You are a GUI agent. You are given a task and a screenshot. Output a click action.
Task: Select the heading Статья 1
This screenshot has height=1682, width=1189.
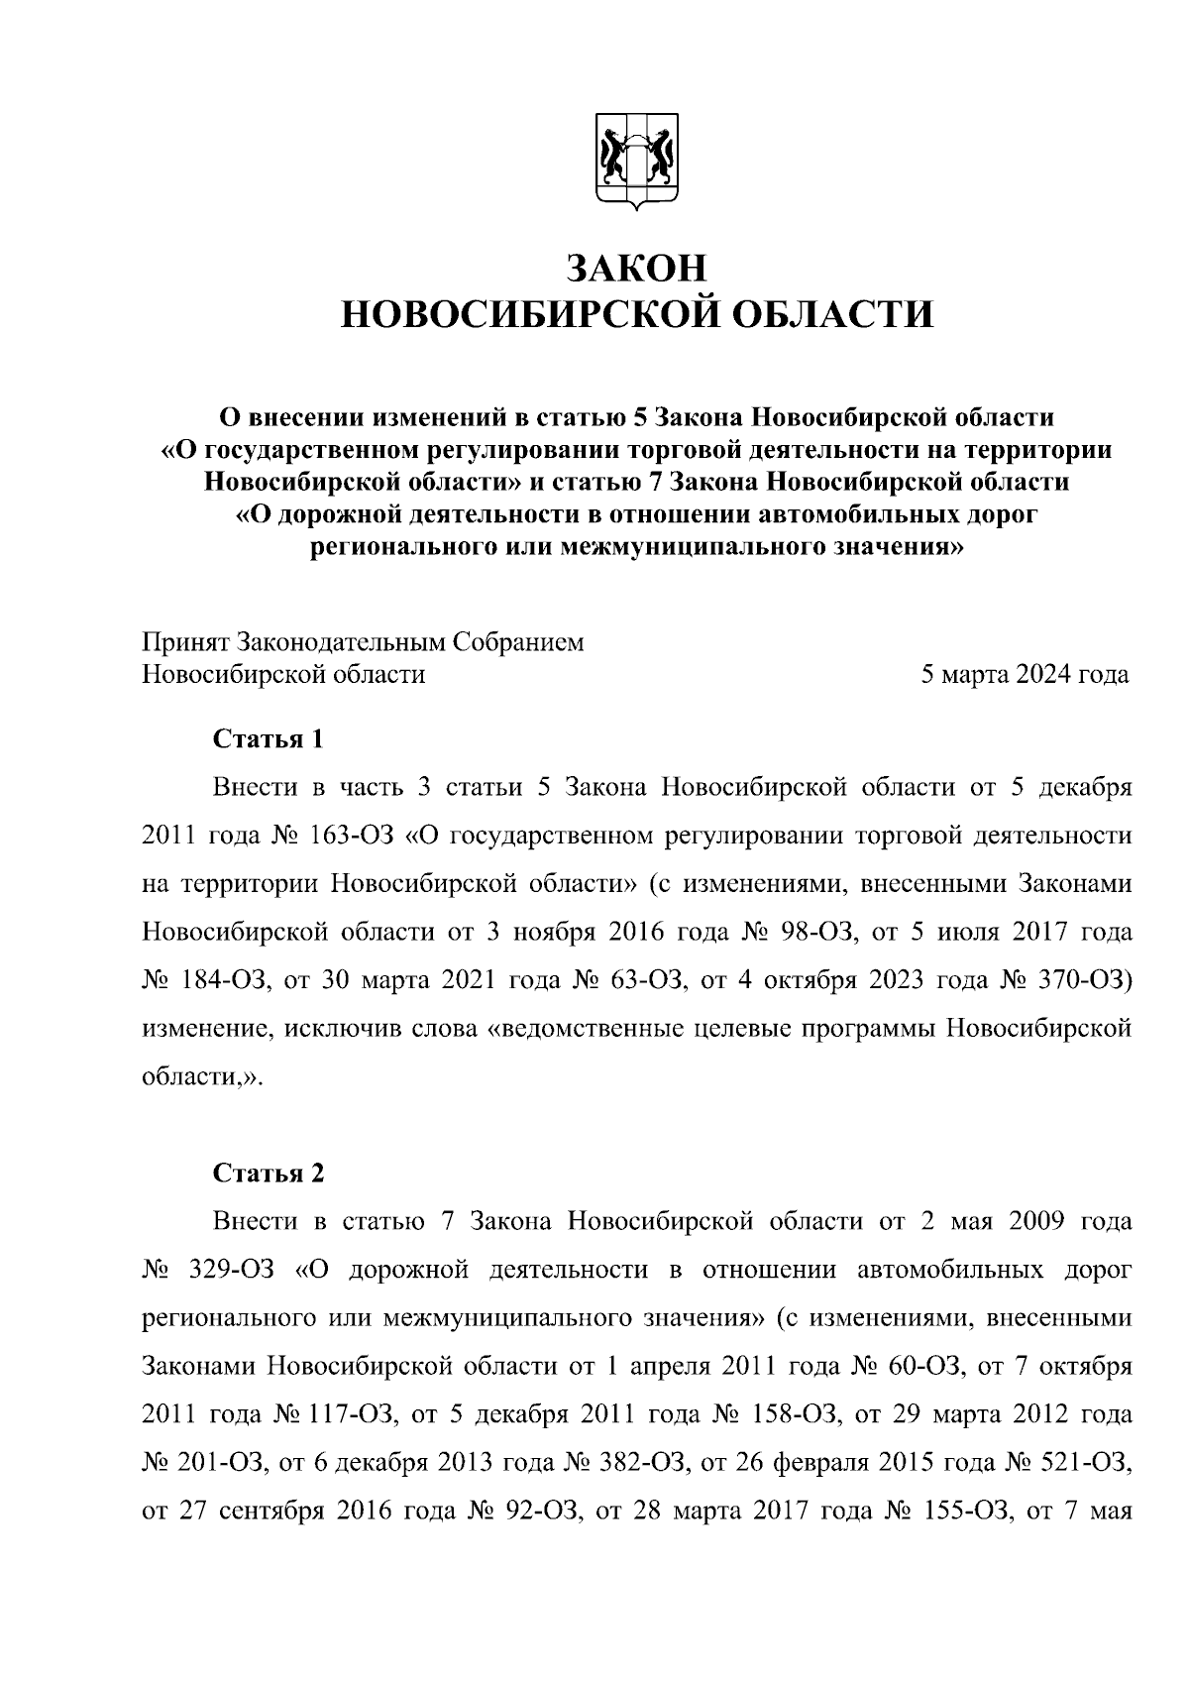269,739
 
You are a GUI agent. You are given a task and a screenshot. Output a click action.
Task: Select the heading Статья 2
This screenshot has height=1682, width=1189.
269,1174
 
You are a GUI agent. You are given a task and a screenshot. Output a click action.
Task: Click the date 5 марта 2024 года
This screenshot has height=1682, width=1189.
1025,675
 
